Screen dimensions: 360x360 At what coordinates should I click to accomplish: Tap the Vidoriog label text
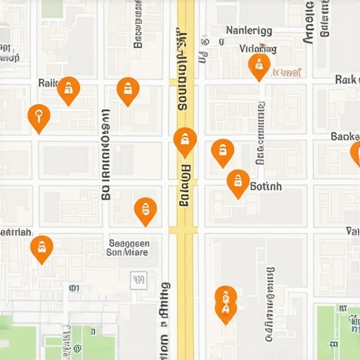pyautogui.click(x=257, y=49)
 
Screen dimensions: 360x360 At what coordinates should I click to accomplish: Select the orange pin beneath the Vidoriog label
pyautogui.click(x=259, y=67)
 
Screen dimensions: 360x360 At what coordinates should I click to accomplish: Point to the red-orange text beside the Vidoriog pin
pyautogui.click(x=286, y=72)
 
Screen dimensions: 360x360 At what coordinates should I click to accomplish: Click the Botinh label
pyautogui.click(x=266, y=186)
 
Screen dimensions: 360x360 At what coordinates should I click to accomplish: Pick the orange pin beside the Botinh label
pyautogui.click(x=238, y=183)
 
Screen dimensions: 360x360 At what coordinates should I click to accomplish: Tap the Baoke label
pyautogui.click(x=345, y=136)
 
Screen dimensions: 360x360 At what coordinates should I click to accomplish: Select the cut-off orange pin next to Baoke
pyautogui.click(x=356, y=153)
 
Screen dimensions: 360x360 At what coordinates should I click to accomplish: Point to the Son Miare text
pyautogui.click(x=128, y=251)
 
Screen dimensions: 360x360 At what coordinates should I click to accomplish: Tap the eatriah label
pyautogui.click(x=15, y=231)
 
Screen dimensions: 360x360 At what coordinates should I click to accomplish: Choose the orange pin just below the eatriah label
pyautogui.click(x=41, y=248)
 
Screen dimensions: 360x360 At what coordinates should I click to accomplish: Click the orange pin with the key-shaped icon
pyautogui.click(x=39, y=117)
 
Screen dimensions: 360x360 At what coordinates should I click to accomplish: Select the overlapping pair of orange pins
pyautogui.click(x=225, y=303)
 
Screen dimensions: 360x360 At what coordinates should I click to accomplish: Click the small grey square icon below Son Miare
pyautogui.click(x=139, y=281)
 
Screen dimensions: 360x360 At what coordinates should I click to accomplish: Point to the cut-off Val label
pyautogui.click(x=353, y=231)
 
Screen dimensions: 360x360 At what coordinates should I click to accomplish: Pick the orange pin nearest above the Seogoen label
pyautogui.click(x=145, y=210)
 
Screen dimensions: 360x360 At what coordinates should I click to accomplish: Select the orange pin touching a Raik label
pyautogui.click(x=67, y=90)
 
